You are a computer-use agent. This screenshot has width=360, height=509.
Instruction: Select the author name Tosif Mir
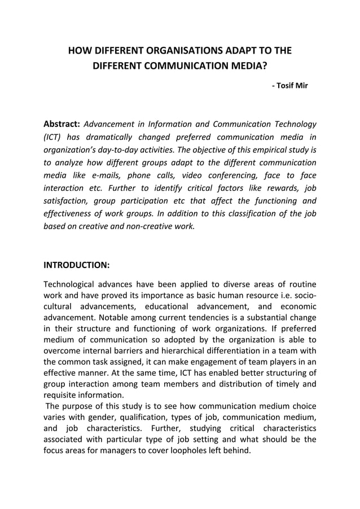point(292,86)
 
